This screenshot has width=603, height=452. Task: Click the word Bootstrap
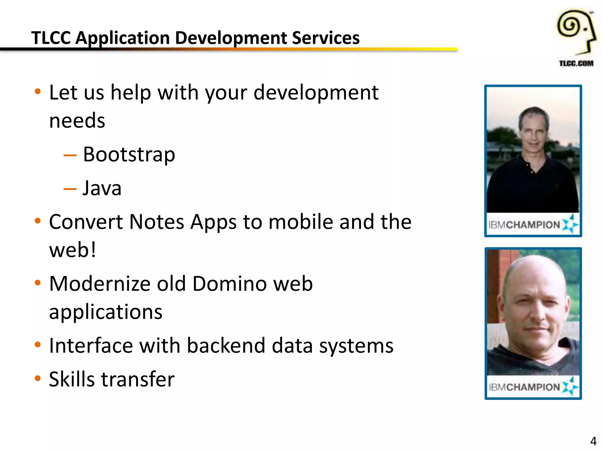(129, 155)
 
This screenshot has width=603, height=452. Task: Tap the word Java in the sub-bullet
(102, 188)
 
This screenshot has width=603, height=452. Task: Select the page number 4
(593, 441)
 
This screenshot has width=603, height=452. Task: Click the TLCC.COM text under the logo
(576, 63)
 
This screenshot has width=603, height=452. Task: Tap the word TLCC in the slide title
(51, 38)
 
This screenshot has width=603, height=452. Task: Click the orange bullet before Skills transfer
(37, 378)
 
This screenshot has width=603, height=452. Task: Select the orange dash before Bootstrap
(70, 155)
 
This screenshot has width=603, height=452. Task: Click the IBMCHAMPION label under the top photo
(524, 225)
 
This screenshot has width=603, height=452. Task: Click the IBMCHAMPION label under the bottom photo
(524, 387)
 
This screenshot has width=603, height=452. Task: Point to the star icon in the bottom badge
(570, 386)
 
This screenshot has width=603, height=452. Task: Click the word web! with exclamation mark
(72, 250)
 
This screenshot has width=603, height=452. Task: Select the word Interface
(91, 346)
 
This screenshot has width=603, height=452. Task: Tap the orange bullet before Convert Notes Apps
(37, 221)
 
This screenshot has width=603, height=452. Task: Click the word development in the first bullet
(316, 93)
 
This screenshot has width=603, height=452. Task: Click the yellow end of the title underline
(448, 49)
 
